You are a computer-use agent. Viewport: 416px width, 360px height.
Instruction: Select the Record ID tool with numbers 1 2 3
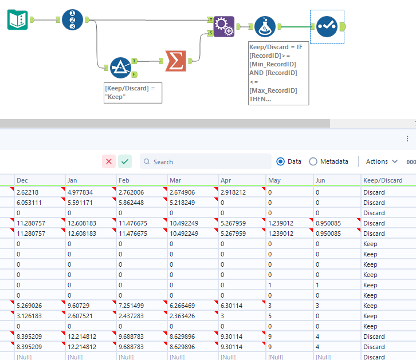coord(72,19)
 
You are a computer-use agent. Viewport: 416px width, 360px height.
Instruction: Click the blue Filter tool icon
coord(120,68)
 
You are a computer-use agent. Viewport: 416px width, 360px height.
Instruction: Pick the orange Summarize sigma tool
coord(175,61)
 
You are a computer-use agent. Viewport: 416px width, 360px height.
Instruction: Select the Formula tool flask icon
coord(265,26)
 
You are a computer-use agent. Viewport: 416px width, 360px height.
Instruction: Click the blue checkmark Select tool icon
coord(326,26)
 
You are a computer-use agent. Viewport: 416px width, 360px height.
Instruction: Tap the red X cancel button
coord(109,161)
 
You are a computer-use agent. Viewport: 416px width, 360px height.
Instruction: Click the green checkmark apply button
coord(125,161)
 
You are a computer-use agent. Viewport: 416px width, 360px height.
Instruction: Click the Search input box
coord(209,162)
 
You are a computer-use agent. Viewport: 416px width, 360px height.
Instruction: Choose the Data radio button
coord(281,161)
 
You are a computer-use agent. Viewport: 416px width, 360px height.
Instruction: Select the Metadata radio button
coord(313,161)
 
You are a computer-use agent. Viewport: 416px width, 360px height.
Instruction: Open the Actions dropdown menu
coord(382,161)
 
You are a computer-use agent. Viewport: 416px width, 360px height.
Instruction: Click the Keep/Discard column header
coord(383,180)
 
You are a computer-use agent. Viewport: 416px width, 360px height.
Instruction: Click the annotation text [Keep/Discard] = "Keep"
coord(132,93)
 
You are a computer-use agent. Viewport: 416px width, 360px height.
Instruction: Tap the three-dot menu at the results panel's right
coord(407,139)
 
